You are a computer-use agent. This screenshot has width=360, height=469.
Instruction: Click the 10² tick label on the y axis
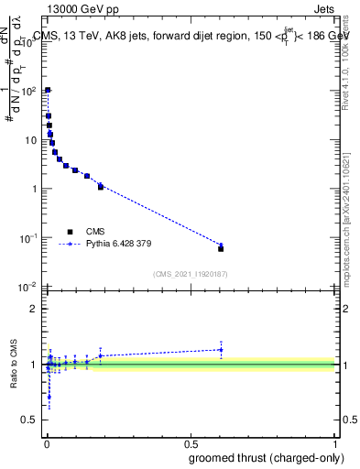(x=29, y=91)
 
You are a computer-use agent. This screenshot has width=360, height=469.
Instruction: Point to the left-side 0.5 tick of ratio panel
(x=29, y=421)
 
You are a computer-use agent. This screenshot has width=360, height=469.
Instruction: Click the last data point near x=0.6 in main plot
(x=221, y=248)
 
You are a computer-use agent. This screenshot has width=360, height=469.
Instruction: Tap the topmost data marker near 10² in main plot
(x=48, y=90)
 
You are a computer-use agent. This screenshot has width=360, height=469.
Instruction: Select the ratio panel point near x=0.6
(x=221, y=349)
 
